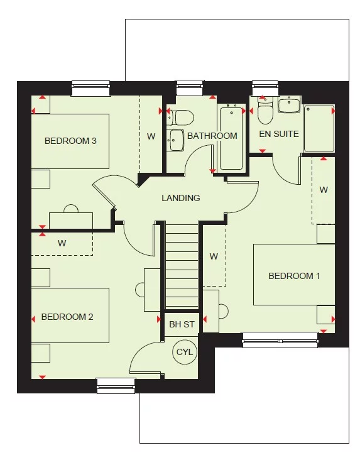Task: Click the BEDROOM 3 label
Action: [70, 141]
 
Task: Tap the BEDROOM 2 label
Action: [67, 317]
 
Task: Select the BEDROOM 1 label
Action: [294, 276]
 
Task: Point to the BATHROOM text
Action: [212, 136]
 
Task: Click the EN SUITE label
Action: [279, 134]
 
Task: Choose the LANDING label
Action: [181, 198]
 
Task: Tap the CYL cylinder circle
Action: [184, 352]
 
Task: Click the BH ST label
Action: [182, 325]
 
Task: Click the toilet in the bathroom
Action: [182, 117]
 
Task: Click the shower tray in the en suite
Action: [319, 129]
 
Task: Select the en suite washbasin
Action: [290, 104]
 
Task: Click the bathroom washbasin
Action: [175, 140]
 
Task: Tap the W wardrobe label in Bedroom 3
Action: [151, 136]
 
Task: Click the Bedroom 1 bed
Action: [294, 275]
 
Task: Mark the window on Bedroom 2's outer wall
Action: [116, 385]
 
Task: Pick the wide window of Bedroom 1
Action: [280, 340]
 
